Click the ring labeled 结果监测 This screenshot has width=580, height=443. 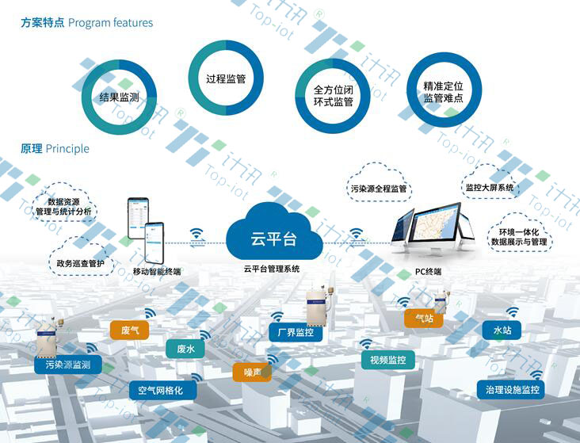tap(120, 97)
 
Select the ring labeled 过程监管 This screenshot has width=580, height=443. tap(225, 78)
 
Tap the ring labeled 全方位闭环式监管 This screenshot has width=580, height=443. tap(333, 96)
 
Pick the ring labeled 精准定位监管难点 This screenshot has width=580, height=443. tap(443, 91)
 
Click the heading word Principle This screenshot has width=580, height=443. tap(67, 148)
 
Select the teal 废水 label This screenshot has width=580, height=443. tap(185, 348)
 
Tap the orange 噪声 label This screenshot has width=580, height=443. tap(253, 372)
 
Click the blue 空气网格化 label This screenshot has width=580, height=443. tap(161, 390)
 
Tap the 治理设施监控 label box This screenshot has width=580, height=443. tap(512, 389)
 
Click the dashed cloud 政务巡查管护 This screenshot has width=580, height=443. tap(80, 263)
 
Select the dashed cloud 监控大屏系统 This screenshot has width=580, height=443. tap(489, 187)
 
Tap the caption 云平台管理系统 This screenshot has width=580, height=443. tap(272, 269)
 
